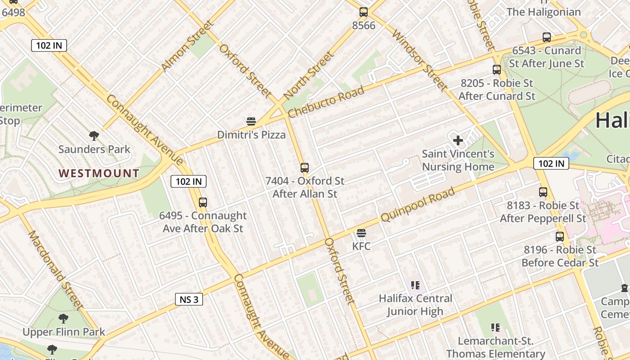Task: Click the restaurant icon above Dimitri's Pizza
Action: [x=251, y=121]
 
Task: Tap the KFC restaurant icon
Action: [x=361, y=233]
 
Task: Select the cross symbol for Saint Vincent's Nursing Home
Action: [x=458, y=140]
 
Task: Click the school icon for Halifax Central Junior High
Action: [x=415, y=285]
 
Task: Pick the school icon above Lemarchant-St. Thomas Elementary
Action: [x=495, y=328]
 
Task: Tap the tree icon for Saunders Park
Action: [x=94, y=135]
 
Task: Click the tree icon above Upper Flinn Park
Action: [x=63, y=319]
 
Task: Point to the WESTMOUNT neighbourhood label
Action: [x=99, y=173]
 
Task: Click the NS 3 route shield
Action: [x=189, y=299]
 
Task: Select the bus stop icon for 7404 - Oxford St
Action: [x=305, y=168]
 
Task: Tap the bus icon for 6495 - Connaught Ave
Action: [x=203, y=202]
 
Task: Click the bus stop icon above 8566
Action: [x=364, y=12]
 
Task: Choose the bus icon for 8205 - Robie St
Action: [x=497, y=70]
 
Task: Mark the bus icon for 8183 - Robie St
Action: [x=543, y=192]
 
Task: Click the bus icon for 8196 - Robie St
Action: [x=560, y=237]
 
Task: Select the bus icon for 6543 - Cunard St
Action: [x=547, y=37]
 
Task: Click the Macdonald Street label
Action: [x=56, y=270]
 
